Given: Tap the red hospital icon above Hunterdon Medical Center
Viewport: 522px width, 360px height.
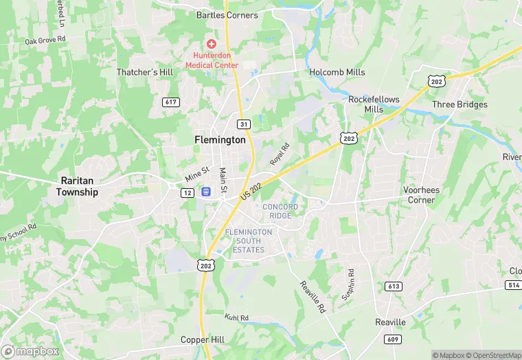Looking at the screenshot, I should [x=212, y=44].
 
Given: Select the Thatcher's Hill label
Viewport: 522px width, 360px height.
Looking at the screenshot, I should [x=146, y=72].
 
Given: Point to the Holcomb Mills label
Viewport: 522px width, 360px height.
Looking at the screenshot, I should [x=337, y=72].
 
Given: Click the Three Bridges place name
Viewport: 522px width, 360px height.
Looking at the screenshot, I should [x=459, y=104].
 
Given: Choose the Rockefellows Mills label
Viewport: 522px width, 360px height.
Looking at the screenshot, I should [x=374, y=104].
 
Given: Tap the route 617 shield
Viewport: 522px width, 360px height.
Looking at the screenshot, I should [x=171, y=102].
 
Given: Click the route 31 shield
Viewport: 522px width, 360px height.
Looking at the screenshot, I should [x=243, y=124].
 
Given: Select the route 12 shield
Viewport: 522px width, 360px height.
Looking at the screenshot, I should [x=188, y=193].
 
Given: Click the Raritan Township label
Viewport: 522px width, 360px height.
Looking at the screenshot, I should [x=77, y=187].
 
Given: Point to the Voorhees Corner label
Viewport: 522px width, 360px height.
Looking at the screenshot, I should [x=420, y=195].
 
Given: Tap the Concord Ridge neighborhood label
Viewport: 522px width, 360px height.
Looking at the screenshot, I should [x=280, y=211].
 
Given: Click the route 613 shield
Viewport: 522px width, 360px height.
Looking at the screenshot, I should [x=394, y=286].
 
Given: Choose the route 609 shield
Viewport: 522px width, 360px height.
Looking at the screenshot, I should [x=392, y=339].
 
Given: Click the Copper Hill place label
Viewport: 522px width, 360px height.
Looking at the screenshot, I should [x=203, y=339].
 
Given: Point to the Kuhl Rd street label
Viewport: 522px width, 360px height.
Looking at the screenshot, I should [x=236, y=317].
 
